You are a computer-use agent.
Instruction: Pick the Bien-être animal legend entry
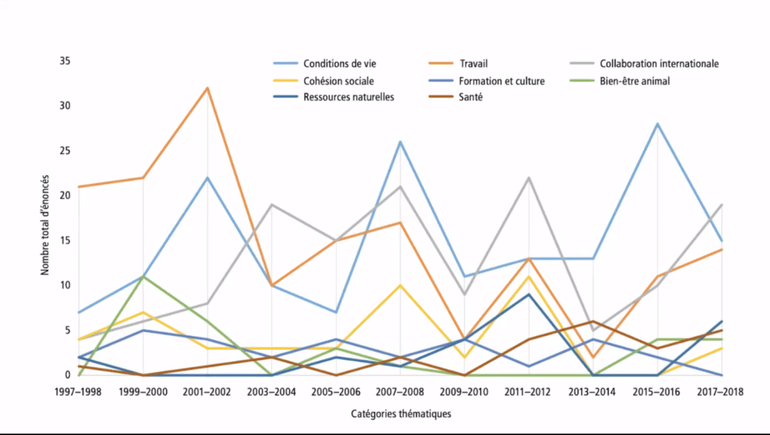click(x=636, y=81)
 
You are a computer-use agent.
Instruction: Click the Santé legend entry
click(x=471, y=97)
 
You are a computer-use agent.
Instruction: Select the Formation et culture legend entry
click(x=501, y=81)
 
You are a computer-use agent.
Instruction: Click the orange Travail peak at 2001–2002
click(x=208, y=88)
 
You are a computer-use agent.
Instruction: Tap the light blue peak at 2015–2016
click(x=658, y=123)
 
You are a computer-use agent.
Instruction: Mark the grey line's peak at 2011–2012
click(x=529, y=178)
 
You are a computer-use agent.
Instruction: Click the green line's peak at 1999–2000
click(x=143, y=276)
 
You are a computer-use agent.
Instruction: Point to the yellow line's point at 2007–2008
click(x=401, y=285)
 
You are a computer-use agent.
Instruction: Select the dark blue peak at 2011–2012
click(x=529, y=294)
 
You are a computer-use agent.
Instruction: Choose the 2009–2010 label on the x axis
click(x=465, y=392)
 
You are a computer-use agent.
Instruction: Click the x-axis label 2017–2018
click(x=721, y=392)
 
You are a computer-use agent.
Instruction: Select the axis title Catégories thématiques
click(x=401, y=413)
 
